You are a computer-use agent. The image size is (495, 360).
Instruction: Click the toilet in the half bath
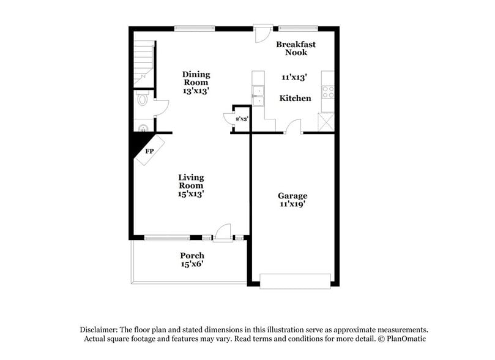[x=142, y=99]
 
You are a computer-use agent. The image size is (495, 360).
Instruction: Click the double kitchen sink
[x=258, y=96]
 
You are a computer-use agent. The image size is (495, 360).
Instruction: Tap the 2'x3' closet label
[x=242, y=119]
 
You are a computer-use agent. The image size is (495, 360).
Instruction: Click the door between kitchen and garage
[x=294, y=127]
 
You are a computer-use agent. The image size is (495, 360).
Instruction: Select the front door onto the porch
[x=223, y=233]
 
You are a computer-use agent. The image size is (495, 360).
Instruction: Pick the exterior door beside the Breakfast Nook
[x=263, y=32]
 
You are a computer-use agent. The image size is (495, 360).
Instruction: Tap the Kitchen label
[x=295, y=98]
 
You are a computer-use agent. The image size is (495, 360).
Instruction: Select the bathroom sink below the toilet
[x=143, y=129]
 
